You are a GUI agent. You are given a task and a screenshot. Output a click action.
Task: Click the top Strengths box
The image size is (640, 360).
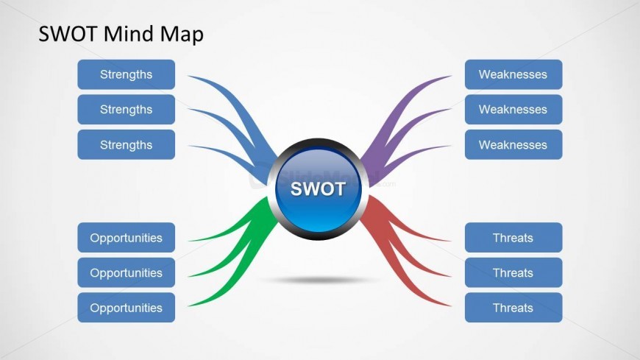point(126,74)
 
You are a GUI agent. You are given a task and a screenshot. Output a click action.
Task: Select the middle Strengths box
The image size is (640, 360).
point(126,110)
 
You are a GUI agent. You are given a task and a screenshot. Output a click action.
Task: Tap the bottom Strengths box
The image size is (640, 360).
point(126,144)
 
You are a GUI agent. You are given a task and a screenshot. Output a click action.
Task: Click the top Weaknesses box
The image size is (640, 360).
point(513,74)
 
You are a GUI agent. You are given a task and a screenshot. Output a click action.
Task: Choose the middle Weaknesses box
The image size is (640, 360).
point(513,110)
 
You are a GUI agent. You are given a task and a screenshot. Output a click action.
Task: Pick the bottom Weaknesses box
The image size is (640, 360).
point(513,144)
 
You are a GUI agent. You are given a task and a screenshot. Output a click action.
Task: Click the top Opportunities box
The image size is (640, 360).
point(126,238)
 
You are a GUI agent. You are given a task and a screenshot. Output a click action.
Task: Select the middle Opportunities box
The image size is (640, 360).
point(126,272)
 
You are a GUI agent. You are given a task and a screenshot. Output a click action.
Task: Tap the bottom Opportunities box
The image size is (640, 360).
point(126,308)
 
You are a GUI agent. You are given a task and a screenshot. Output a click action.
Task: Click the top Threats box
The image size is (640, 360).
point(513,238)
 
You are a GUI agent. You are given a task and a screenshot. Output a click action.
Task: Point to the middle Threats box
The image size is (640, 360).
point(513,272)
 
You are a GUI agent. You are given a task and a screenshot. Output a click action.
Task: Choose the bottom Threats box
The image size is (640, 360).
point(513,308)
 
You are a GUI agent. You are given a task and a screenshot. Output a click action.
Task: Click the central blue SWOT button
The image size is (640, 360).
point(318,188)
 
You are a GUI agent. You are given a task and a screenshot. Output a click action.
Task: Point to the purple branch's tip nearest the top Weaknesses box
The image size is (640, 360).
point(448,77)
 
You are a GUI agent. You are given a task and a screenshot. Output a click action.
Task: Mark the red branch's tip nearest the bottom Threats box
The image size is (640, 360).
point(448,304)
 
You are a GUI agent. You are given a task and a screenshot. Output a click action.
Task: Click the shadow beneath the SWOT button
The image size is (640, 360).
point(318,280)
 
